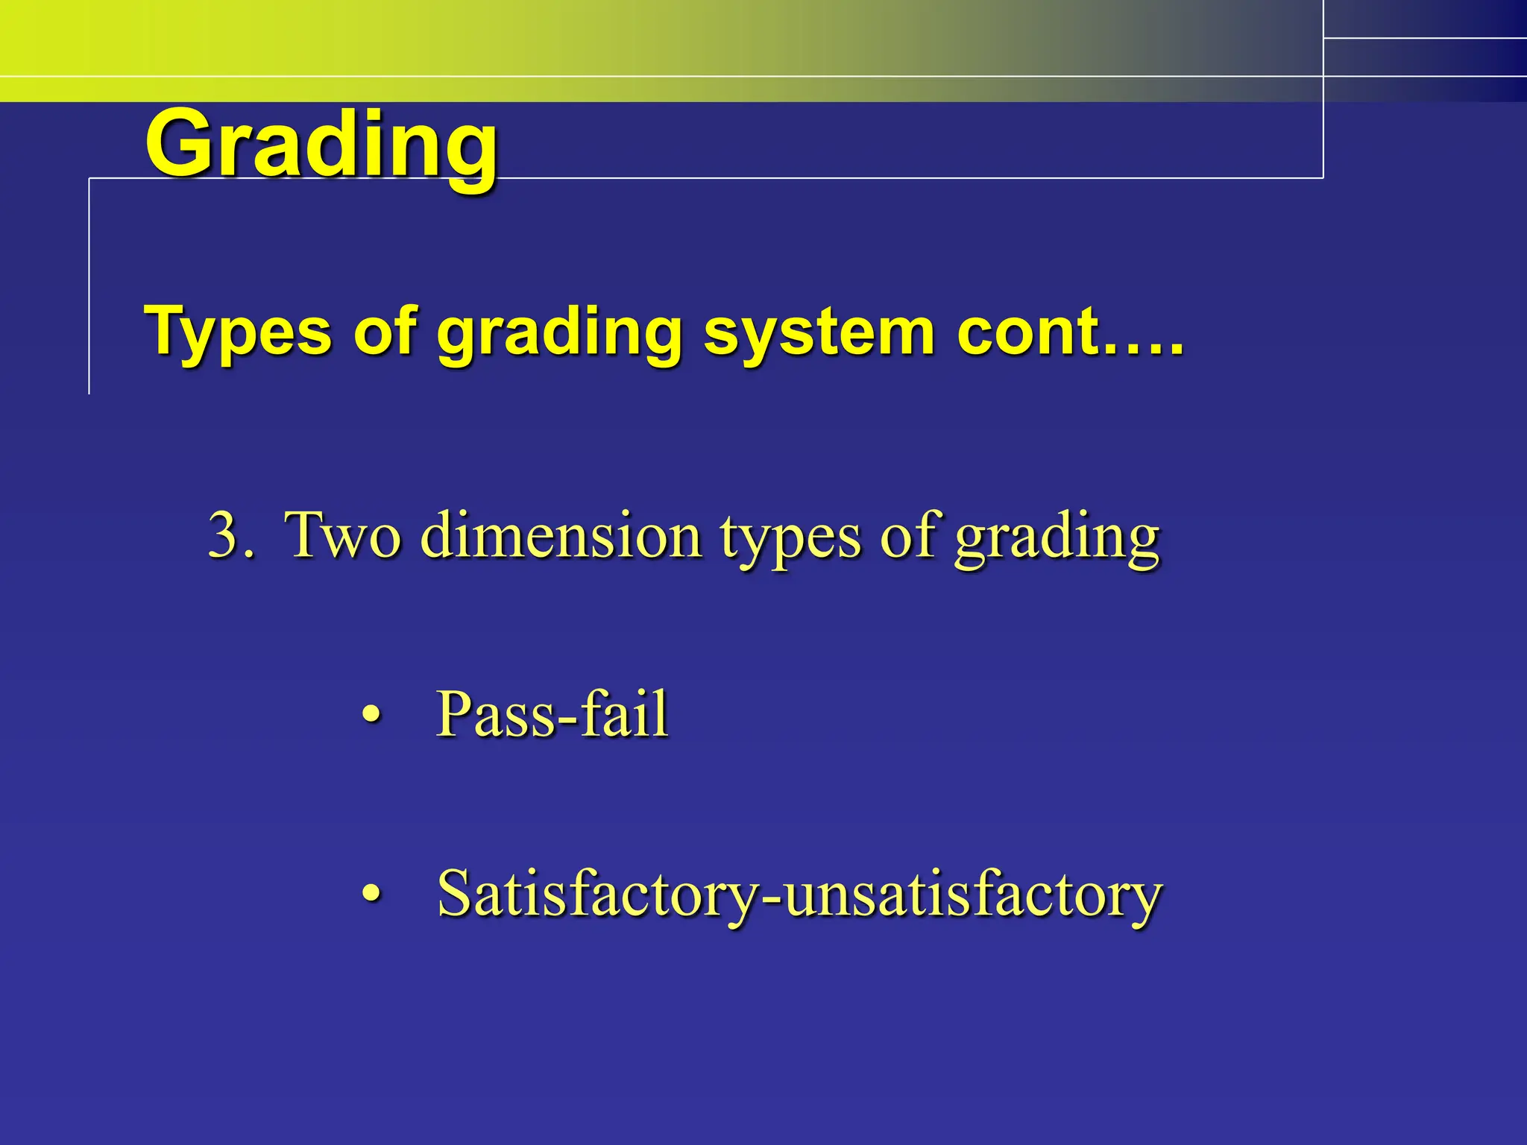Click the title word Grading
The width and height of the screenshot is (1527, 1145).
tap(321, 145)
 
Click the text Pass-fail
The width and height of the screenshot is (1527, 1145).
tap(552, 713)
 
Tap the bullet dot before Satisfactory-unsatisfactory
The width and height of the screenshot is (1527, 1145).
tap(371, 892)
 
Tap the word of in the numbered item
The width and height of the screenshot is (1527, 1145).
tap(907, 534)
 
